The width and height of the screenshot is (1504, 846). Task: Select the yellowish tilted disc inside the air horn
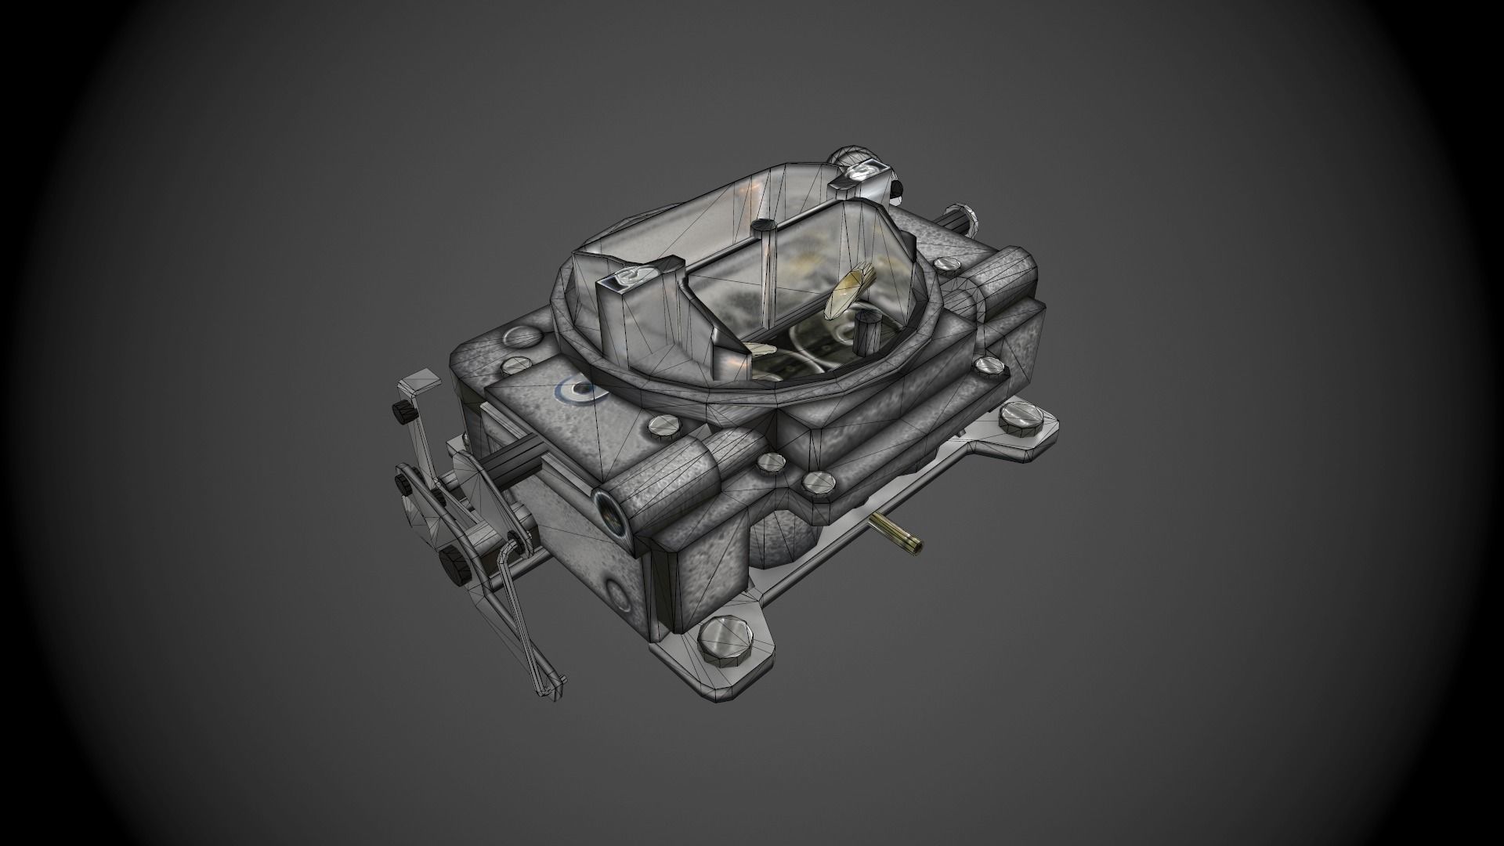coord(849,291)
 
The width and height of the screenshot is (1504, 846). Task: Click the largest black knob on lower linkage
coord(452,562)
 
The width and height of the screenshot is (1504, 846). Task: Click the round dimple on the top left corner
coord(520,338)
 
